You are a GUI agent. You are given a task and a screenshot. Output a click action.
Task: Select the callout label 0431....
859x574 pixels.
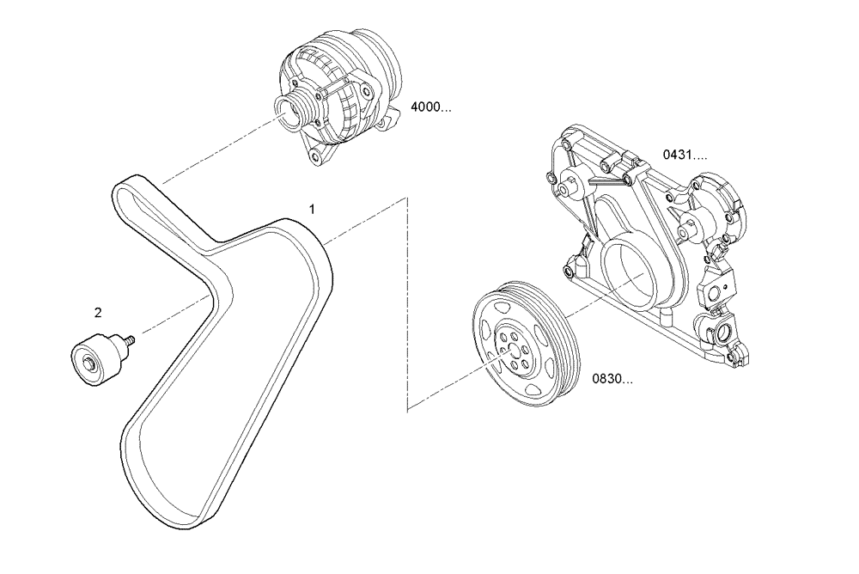(684, 155)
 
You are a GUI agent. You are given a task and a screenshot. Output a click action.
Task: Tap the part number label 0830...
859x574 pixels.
(612, 378)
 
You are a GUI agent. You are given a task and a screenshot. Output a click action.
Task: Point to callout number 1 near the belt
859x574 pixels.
(313, 209)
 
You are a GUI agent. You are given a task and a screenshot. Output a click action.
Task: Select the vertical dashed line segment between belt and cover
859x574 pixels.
(405, 301)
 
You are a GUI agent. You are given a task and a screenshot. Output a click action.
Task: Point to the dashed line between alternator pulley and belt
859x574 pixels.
(215, 155)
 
